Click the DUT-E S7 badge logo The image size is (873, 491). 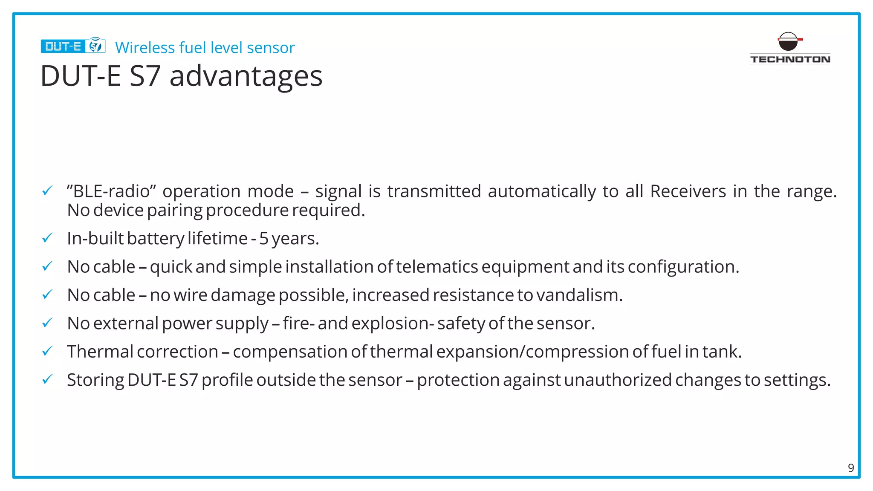coord(73,46)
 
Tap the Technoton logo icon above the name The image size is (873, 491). coord(789,41)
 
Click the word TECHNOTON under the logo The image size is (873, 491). coord(790,59)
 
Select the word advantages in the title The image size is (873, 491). coord(246,76)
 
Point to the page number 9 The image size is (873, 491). coord(850,468)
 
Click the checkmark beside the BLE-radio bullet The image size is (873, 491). coord(47,191)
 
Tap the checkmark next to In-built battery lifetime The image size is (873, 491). coord(47,238)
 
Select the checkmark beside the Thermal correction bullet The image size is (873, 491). coord(47,351)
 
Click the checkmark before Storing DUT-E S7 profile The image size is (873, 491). coord(47,379)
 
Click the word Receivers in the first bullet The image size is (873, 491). coord(688,191)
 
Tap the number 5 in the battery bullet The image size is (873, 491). coord(264,239)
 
